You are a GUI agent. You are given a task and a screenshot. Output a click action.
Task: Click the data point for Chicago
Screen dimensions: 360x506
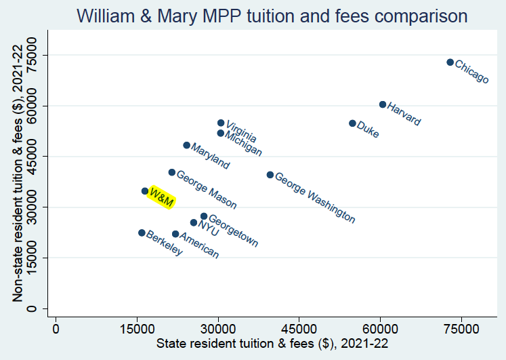[x=450, y=62]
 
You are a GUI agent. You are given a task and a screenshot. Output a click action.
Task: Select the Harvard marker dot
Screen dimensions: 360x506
[x=383, y=104]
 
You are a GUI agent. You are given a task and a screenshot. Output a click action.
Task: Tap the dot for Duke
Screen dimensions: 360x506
[x=352, y=123]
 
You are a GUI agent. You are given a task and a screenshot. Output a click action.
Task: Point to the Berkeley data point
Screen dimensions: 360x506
[x=142, y=233]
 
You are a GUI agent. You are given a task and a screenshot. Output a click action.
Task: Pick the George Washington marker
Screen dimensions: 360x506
[x=270, y=175]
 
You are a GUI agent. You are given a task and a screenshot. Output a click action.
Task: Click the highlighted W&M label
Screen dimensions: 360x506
[x=162, y=197]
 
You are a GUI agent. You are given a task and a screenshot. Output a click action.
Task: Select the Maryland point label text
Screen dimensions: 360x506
[x=211, y=156]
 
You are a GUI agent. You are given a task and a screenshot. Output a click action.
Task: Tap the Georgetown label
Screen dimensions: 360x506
[x=233, y=231]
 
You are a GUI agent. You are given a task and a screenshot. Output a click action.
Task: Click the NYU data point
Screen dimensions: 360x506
[x=194, y=222]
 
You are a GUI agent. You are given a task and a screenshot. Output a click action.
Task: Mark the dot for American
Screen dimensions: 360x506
[x=175, y=234]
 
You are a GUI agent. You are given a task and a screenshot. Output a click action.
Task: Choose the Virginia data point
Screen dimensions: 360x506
[x=221, y=123]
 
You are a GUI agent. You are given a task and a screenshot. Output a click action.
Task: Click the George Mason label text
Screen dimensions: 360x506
[x=207, y=189]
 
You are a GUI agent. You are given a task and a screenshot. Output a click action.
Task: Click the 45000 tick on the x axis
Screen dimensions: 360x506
[x=299, y=328]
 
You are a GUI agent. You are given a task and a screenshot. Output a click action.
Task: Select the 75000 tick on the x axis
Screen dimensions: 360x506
[x=461, y=328]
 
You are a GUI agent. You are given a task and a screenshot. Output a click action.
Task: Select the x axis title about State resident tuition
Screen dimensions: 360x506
[x=272, y=344]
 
